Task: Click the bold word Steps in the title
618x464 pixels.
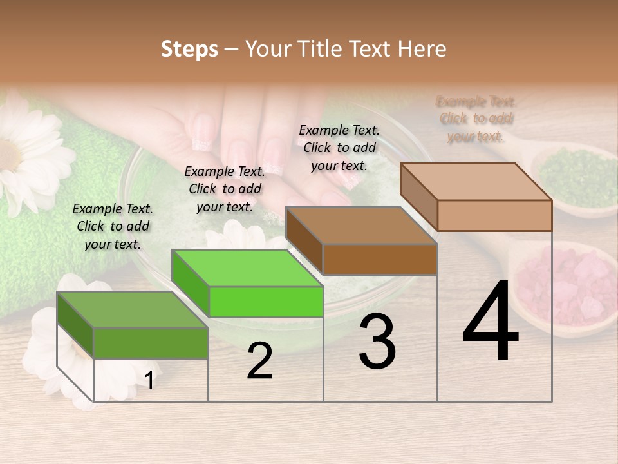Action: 189,49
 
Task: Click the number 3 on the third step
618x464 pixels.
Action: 377,342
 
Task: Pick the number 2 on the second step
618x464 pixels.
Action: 259,361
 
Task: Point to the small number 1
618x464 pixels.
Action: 149,380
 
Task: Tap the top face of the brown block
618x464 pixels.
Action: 360,226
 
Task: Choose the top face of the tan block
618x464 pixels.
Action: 475,182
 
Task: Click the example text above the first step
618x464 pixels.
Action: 113,226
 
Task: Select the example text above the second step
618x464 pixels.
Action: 225,189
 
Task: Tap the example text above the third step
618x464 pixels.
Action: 339,148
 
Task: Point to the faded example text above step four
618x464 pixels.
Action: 476,119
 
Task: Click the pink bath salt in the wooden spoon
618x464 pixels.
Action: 570,287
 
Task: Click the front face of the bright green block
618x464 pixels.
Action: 266,302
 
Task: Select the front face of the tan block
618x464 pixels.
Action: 494,215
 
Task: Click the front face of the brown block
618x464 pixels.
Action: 380,259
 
